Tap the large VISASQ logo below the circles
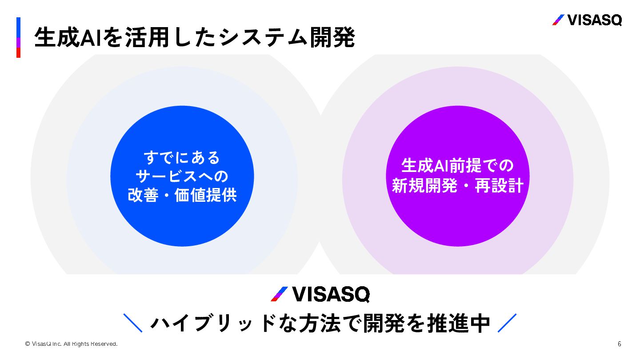[x=320, y=294]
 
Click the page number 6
[x=619, y=344]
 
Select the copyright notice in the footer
[x=71, y=344]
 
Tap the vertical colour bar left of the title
[x=18, y=37]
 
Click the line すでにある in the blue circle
[x=182, y=157]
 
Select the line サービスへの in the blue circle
[x=182, y=176]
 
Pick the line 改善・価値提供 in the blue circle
[x=182, y=196]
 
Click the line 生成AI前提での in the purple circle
[x=457, y=166]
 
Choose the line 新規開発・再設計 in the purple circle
[x=457, y=186]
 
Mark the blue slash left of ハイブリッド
[x=132, y=323]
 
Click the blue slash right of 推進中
[x=507, y=323]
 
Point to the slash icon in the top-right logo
[x=558, y=20]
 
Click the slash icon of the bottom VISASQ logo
[x=280, y=294]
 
